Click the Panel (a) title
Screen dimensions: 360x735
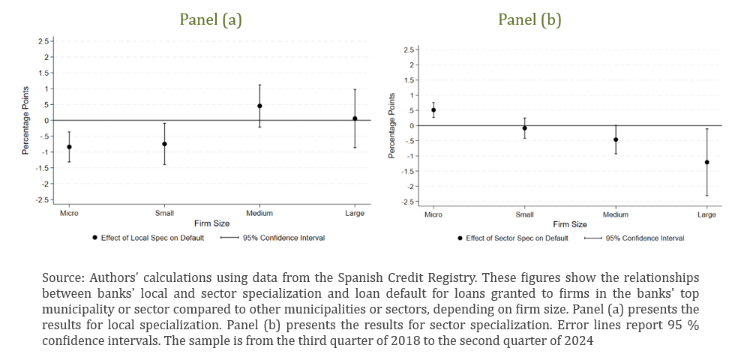tap(210, 19)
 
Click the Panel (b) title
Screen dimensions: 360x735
tap(529, 19)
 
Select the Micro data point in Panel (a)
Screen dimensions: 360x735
tap(70, 147)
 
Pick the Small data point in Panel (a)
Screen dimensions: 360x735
tap(164, 144)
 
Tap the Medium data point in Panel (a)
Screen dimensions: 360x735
tap(259, 106)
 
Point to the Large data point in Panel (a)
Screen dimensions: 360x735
tap(355, 118)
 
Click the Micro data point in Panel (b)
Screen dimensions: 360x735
tap(433, 110)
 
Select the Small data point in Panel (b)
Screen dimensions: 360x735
tap(525, 128)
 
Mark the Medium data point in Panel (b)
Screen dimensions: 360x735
tap(616, 139)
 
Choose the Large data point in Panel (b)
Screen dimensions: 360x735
tap(707, 162)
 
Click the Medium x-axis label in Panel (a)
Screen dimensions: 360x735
tap(259, 214)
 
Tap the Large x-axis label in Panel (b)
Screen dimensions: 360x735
tap(707, 215)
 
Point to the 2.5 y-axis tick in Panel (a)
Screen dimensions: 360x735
tap(44, 40)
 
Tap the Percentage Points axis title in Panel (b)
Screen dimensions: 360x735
tap(391, 127)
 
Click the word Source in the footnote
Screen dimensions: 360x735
tap(61, 277)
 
